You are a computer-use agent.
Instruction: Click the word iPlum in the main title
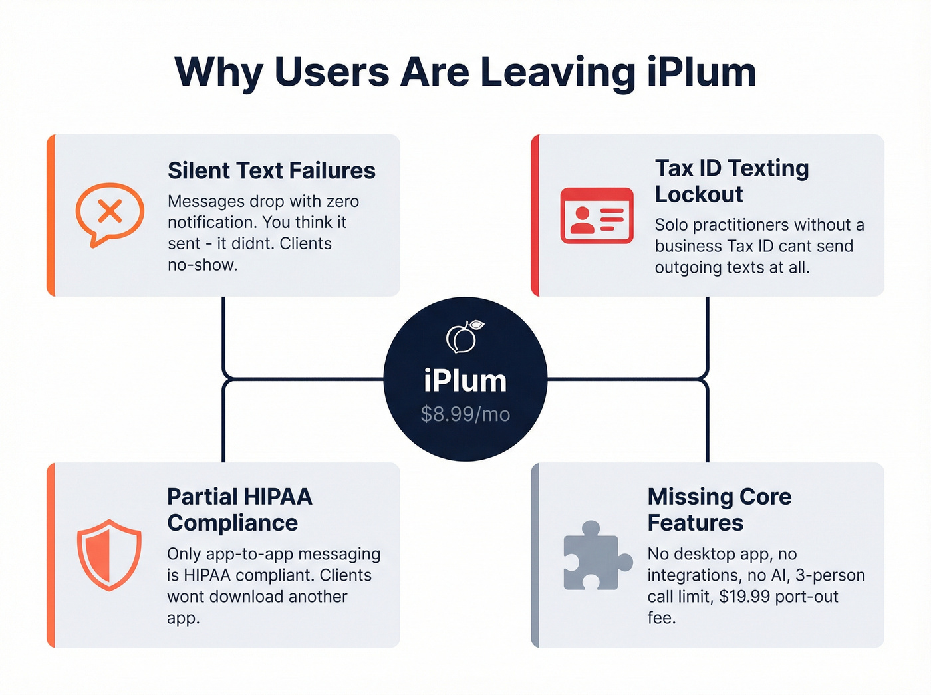[702, 72]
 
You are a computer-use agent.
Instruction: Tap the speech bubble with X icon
[110, 213]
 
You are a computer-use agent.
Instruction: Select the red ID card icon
[597, 215]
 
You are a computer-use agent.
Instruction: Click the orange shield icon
[109, 555]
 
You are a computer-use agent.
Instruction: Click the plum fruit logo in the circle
[464, 337]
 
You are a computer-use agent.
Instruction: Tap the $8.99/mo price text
[465, 414]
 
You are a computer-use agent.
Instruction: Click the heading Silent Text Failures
[271, 171]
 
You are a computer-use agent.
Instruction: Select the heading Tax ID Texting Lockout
[731, 181]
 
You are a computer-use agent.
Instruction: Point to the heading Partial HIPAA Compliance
[239, 510]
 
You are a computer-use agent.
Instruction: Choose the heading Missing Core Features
[719, 510]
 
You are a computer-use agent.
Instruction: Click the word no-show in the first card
[202, 265]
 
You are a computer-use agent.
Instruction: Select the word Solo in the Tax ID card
[671, 225]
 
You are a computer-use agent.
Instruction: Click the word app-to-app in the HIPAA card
[247, 554]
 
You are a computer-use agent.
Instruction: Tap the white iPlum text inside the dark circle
[465, 381]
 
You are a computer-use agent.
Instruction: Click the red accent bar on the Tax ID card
[535, 215]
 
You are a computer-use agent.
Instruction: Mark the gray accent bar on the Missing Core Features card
[535, 555]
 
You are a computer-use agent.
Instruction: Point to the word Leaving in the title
[558, 72]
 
